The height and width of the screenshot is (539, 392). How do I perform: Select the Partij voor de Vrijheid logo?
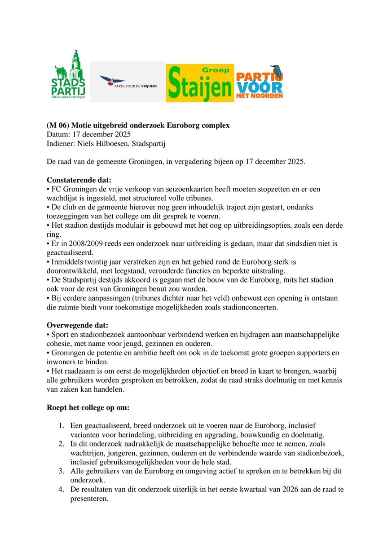(128, 82)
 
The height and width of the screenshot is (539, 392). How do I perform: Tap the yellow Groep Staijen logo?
(200, 83)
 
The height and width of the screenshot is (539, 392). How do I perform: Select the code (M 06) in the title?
(58, 125)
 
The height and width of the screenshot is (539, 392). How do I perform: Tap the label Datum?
(58, 134)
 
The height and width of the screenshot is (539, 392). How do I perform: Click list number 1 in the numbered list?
(62, 425)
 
